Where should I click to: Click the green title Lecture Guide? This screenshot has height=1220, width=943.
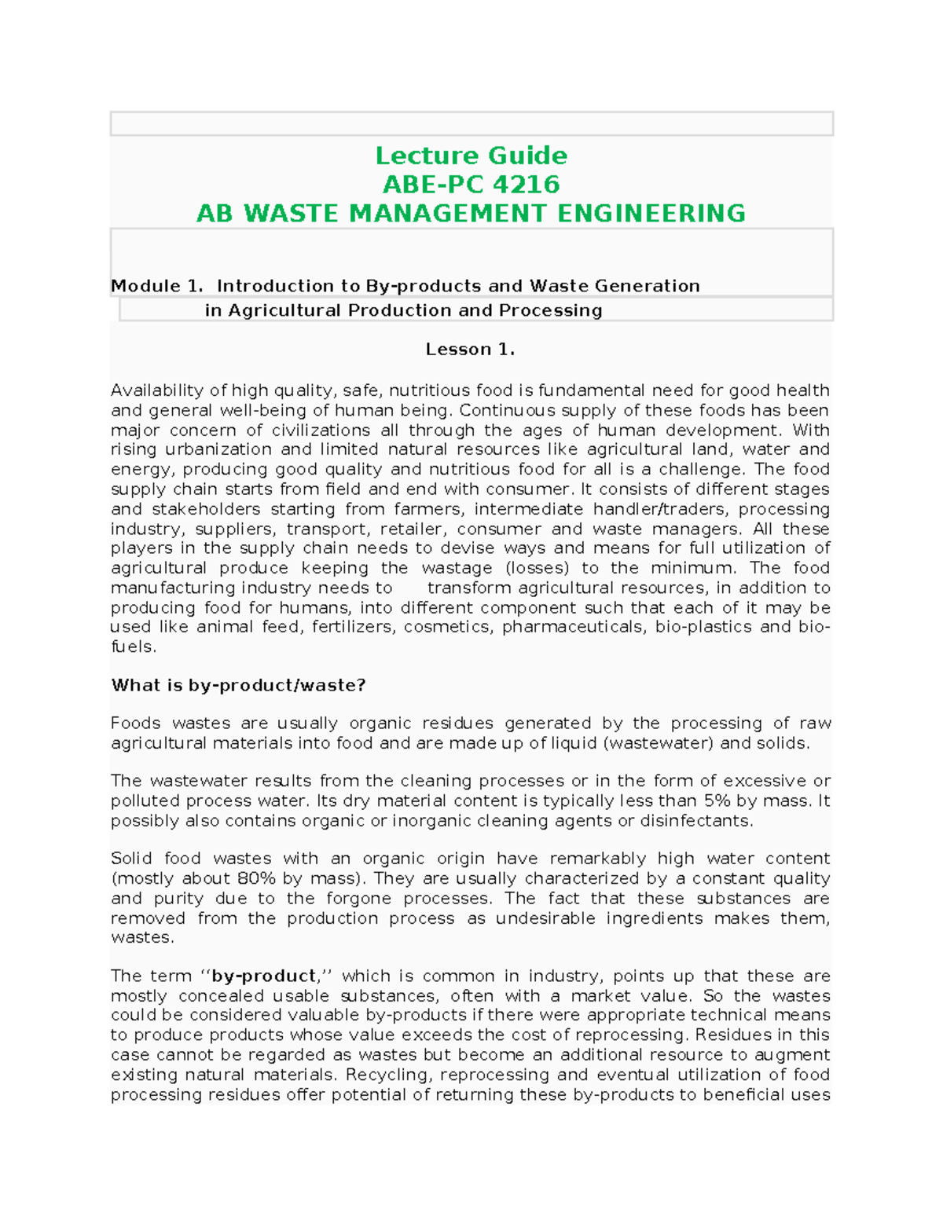click(471, 156)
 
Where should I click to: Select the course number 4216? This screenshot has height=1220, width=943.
click(527, 185)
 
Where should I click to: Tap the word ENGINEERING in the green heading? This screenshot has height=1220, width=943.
click(651, 214)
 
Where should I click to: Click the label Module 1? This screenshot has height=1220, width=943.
click(156, 286)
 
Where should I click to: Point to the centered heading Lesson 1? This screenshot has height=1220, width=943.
click(470, 350)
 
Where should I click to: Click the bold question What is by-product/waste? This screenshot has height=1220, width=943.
click(238, 685)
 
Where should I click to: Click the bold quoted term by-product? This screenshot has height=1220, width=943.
click(263, 976)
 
